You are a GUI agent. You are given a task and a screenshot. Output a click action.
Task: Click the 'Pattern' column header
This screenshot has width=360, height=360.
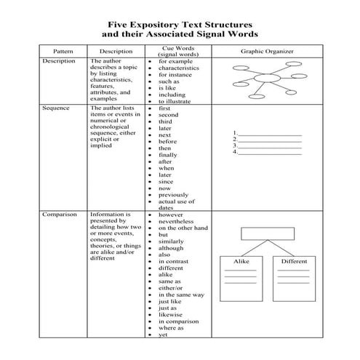[61, 52]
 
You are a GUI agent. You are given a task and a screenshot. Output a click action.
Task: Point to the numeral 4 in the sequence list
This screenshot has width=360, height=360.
[235, 153]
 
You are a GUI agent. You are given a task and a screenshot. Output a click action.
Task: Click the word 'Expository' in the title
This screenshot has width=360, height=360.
[158, 23]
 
